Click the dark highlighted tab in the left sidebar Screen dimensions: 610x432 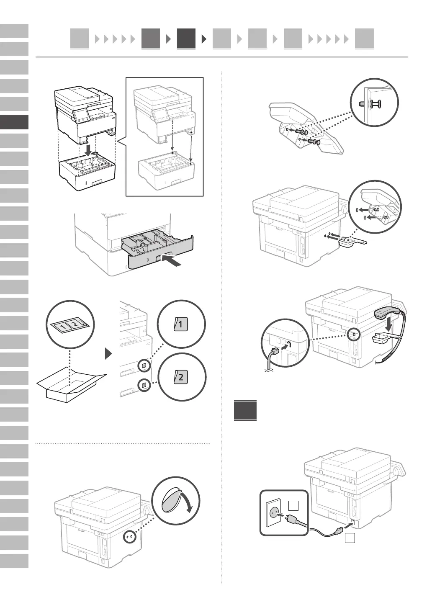(x=14, y=122)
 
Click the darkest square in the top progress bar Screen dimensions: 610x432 (x=186, y=39)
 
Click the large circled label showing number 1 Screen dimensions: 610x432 (x=181, y=324)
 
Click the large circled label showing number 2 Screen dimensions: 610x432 (x=181, y=377)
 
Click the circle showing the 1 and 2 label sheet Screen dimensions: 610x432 (x=70, y=324)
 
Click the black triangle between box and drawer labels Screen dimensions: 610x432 (x=109, y=354)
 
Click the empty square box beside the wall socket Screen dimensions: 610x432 (x=294, y=506)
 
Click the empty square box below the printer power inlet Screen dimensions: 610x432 (x=350, y=538)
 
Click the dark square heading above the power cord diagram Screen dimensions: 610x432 (x=245, y=411)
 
